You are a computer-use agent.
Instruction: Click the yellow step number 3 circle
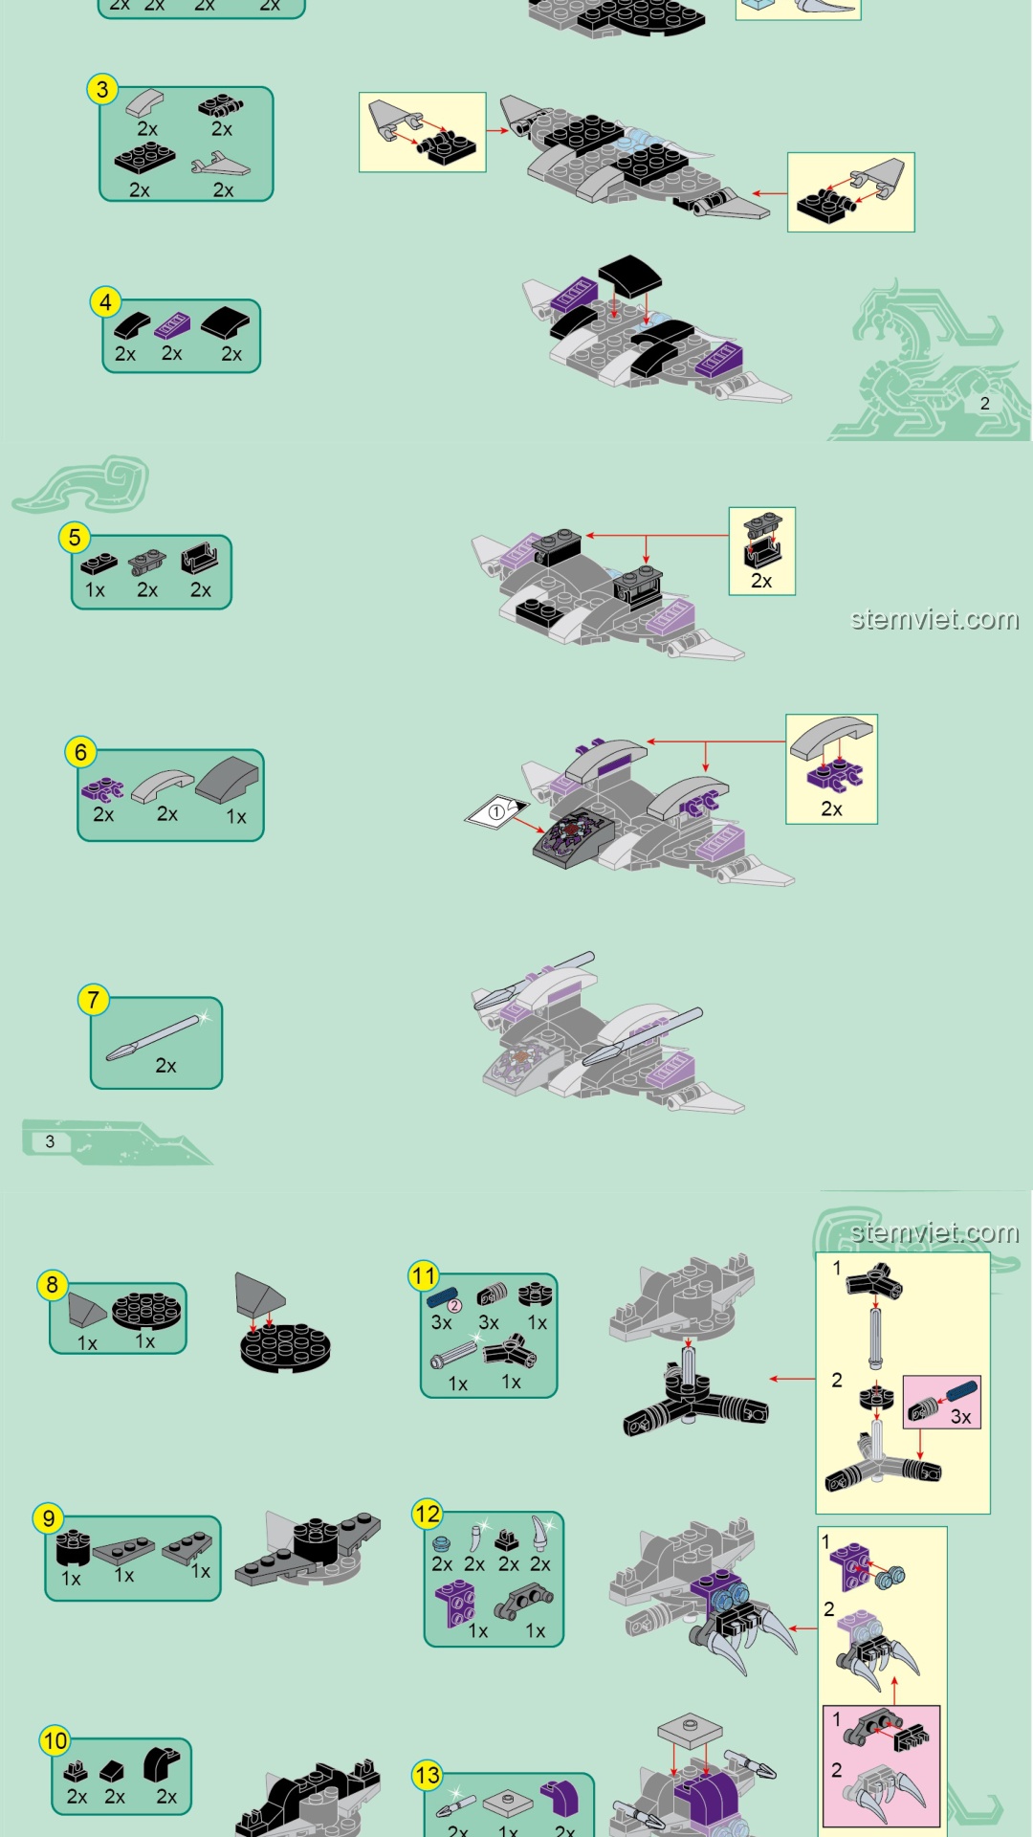click(102, 90)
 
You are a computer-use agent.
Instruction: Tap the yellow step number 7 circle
click(93, 1000)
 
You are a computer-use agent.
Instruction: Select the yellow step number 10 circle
click(55, 1740)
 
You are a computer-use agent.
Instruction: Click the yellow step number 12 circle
click(427, 1514)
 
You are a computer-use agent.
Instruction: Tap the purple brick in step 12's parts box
click(455, 1604)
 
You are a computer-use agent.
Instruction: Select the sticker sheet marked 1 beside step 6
click(496, 812)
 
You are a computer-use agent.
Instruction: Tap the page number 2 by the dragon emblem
click(985, 404)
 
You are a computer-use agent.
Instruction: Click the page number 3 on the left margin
click(50, 1141)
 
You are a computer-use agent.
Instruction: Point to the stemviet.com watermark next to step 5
click(934, 619)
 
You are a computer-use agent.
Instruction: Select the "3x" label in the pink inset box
click(961, 1417)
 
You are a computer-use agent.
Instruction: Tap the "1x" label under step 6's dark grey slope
click(236, 817)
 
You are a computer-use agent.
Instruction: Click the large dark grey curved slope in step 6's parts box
click(229, 780)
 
